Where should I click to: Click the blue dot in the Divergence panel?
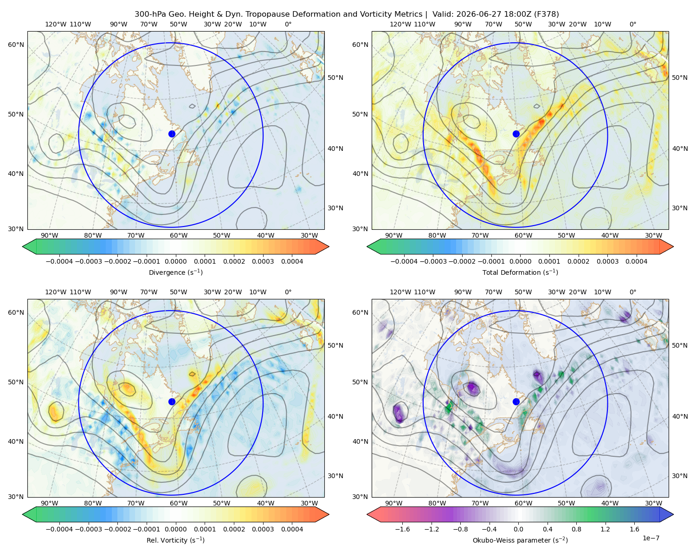(x=172, y=134)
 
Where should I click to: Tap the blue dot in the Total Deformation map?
(x=516, y=134)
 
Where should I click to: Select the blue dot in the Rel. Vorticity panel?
(x=172, y=402)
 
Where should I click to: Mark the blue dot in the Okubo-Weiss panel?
(x=516, y=402)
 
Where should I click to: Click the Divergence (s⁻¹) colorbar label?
(x=175, y=272)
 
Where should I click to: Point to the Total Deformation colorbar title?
(x=520, y=272)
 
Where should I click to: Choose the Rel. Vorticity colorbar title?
(x=175, y=540)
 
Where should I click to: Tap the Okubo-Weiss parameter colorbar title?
(x=520, y=540)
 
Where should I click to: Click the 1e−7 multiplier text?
(x=651, y=538)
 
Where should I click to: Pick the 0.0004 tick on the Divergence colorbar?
(x=292, y=261)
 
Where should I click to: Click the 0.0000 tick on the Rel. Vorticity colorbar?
(x=175, y=529)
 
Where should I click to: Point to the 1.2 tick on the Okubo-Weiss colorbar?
(x=605, y=529)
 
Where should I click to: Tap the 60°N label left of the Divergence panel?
(x=16, y=45)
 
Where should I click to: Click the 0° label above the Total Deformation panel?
(x=632, y=24)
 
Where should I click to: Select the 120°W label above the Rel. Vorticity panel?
(x=56, y=292)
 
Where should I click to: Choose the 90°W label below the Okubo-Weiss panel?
(x=393, y=503)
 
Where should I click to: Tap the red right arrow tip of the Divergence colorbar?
(x=329, y=246)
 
